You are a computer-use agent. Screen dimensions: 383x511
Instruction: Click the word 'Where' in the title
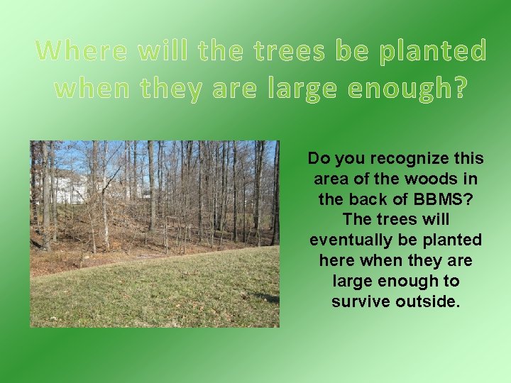(79, 51)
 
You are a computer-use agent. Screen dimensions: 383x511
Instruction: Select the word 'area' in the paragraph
(329, 179)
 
